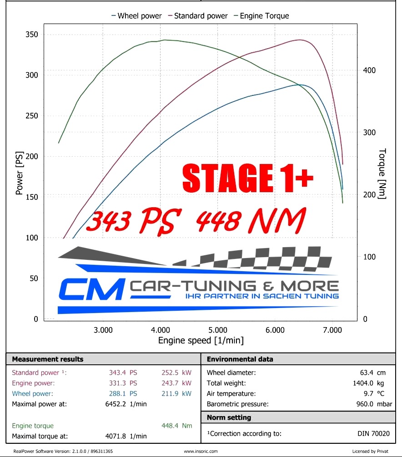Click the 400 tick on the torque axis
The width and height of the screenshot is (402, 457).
(369, 70)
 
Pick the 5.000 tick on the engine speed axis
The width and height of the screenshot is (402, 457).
(218, 329)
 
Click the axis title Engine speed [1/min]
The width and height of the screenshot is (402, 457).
(201, 340)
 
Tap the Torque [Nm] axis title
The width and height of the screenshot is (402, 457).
(382, 174)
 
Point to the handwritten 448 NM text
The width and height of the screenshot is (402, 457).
(251, 220)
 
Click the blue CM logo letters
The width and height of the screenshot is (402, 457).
(91, 289)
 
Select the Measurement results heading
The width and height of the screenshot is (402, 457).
(48, 359)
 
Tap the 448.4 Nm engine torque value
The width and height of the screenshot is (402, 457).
(176, 426)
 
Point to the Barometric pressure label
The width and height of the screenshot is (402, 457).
(237, 404)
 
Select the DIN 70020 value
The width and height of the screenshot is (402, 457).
(373, 433)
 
